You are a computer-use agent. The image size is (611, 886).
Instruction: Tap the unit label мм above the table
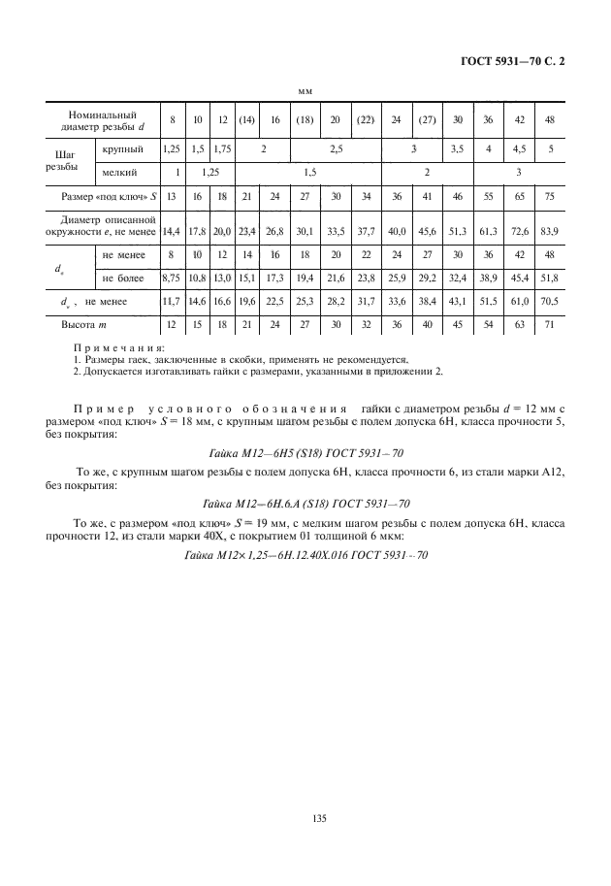click(x=305, y=90)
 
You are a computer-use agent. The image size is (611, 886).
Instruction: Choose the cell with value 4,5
click(x=521, y=149)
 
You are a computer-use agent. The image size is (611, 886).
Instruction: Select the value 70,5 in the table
click(x=551, y=302)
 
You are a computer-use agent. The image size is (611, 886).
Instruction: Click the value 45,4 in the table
click(x=521, y=278)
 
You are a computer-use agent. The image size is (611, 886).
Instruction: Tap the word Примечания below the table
click(x=119, y=347)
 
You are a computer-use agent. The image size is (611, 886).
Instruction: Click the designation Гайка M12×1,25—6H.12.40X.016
click(x=305, y=554)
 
